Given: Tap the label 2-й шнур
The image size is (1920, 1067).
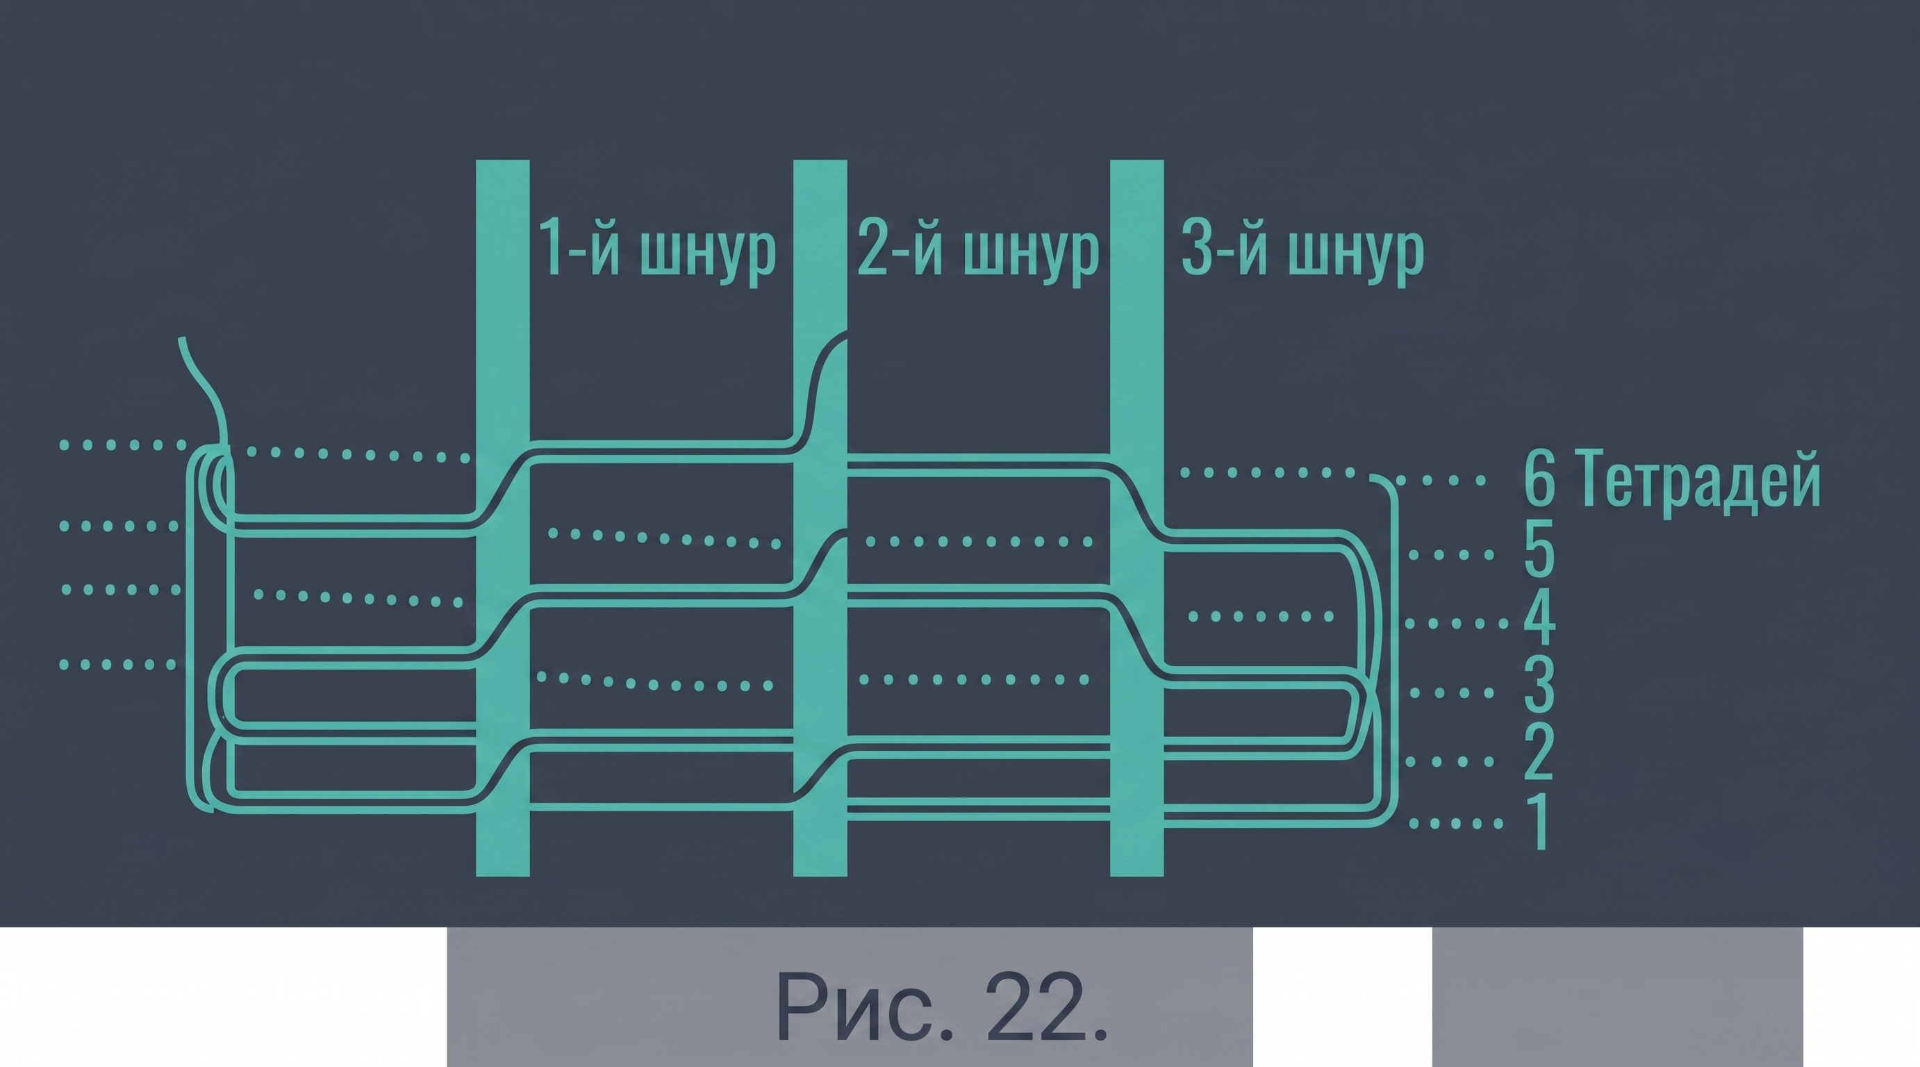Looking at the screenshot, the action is click(978, 249).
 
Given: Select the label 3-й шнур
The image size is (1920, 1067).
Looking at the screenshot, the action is click(1302, 249).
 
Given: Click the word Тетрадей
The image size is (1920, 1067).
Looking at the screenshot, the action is click(1700, 481).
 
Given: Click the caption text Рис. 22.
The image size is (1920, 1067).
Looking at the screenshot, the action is click(942, 1007).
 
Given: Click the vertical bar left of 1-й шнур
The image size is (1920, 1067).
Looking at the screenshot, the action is click(502, 518).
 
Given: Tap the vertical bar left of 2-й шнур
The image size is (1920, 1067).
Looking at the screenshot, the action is click(820, 518).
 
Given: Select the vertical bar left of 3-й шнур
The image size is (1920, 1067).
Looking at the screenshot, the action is click(1136, 518).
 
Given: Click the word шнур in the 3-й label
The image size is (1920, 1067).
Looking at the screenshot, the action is click(1356, 254).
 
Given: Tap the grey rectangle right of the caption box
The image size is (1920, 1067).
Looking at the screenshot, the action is click(1617, 997).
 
